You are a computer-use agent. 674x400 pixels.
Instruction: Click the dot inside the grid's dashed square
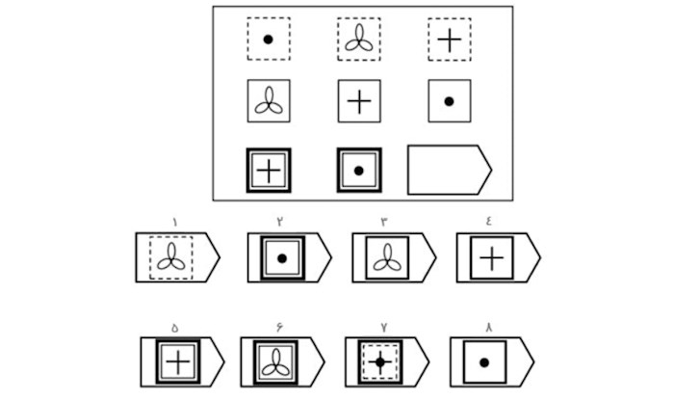tap(268, 40)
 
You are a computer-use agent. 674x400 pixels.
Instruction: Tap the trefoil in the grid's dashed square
tap(358, 39)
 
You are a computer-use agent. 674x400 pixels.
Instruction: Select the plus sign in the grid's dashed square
tap(449, 40)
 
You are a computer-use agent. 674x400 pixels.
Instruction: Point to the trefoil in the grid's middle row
tap(268, 102)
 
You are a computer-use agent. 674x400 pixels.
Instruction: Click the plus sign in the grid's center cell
tap(358, 101)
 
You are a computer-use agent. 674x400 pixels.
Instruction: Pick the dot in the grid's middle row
tap(449, 101)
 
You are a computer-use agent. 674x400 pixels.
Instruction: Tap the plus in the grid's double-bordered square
tap(269, 171)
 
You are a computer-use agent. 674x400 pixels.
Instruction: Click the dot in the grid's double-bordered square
tap(358, 171)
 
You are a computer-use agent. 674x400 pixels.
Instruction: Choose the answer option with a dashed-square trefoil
tap(171, 257)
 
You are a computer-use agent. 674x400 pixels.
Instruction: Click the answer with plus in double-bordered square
tap(178, 361)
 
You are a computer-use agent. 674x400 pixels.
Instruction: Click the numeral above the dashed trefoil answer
tap(174, 223)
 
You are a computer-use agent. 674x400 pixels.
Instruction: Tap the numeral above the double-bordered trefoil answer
tap(279, 327)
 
